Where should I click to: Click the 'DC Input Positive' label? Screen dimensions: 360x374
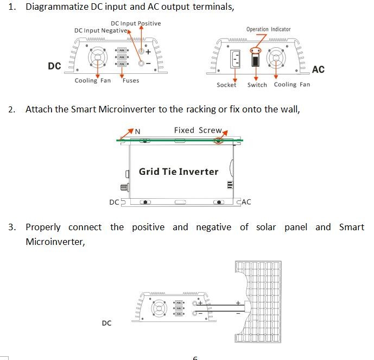(x=136, y=23)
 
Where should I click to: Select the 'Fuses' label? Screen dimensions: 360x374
(x=130, y=80)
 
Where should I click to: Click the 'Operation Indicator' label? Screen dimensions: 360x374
(x=268, y=29)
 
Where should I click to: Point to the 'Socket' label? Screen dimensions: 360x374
(x=226, y=85)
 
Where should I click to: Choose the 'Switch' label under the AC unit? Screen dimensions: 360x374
(x=257, y=85)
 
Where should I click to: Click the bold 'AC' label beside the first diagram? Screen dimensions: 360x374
(x=318, y=70)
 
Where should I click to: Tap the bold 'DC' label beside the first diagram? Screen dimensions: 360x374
(x=54, y=66)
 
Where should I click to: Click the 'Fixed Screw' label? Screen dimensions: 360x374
(x=198, y=130)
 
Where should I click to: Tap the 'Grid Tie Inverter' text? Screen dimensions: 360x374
(x=179, y=172)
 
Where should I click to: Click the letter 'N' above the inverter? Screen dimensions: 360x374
(x=137, y=131)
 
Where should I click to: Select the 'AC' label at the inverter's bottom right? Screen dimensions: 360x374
(x=246, y=203)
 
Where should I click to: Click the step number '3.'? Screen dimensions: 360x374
(x=12, y=227)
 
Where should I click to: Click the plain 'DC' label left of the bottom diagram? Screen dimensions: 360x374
(x=106, y=323)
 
